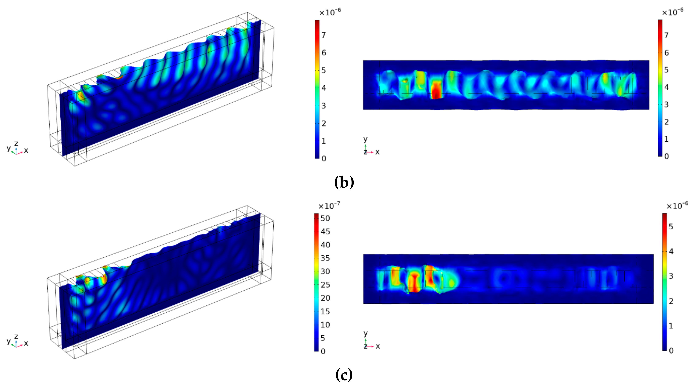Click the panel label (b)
click(x=344, y=183)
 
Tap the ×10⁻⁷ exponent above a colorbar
click(x=329, y=206)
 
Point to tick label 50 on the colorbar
click(x=325, y=218)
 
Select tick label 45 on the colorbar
click(x=325, y=232)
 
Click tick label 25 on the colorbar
click(x=325, y=285)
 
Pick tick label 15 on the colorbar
click(x=325, y=311)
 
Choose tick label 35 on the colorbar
click(x=325, y=258)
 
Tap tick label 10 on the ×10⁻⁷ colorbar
click(x=325, y=325)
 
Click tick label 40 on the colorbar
click(x=325, y=245)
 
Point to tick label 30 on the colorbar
click(x=325, y=271)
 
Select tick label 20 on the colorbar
click(x=325, y=298)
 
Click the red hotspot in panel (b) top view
click(x=436, y=91)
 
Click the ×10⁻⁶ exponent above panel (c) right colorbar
click(x=677, y=206)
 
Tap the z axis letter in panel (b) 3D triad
click(x=16, y=143)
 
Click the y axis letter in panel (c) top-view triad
click(x=365, y=333)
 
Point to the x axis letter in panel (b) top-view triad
click(x=377, y=152)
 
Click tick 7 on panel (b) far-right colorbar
click(x=666, y=35)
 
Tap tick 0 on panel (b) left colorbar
click(x=324, y=158)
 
